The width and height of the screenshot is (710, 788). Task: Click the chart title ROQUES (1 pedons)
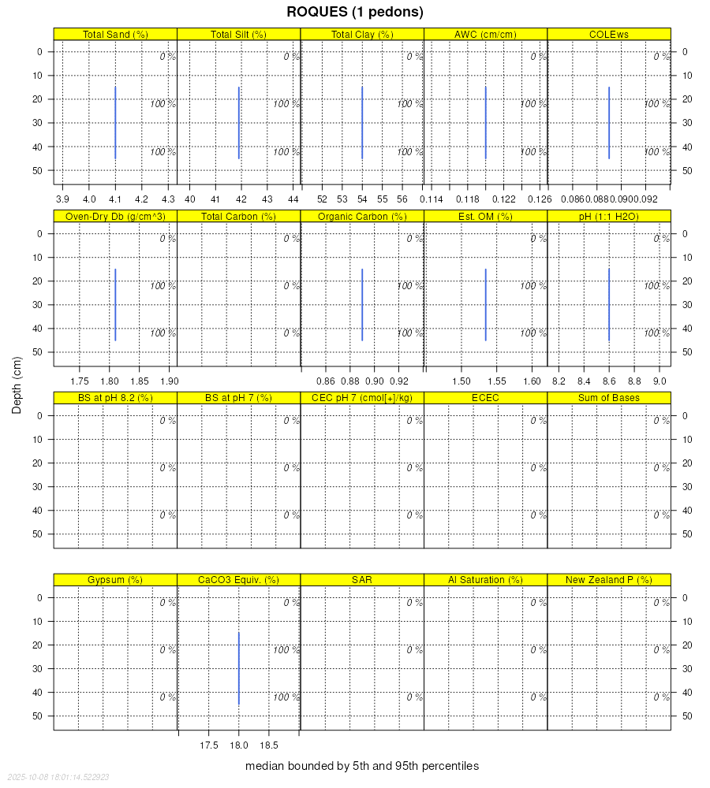[355, 12]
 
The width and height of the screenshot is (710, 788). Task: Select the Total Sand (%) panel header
[115, 34]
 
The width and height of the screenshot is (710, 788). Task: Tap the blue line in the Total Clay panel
[362, 123]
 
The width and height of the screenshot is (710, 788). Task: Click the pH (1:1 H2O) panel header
[608, 216]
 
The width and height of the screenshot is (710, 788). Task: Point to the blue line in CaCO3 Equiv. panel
[239, 668]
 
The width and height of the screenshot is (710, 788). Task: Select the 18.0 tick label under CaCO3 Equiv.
[238, 745]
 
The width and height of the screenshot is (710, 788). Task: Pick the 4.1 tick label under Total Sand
[115, 199]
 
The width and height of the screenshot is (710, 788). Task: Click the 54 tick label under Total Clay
[362, 199]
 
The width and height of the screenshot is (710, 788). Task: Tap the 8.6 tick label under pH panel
[609, 381]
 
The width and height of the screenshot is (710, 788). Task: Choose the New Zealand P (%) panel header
[608, 580]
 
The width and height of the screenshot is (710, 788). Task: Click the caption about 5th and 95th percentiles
[362, 766]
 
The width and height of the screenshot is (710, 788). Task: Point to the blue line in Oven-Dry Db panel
[115, 305]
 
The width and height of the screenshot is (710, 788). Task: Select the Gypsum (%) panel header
[115, 580]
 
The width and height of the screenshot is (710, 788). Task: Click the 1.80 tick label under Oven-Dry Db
[109, 381]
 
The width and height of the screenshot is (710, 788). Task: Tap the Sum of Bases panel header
[608, 398]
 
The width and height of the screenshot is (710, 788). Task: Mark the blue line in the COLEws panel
[609, 123]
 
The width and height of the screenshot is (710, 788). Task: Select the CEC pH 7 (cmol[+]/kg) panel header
[362, 398]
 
